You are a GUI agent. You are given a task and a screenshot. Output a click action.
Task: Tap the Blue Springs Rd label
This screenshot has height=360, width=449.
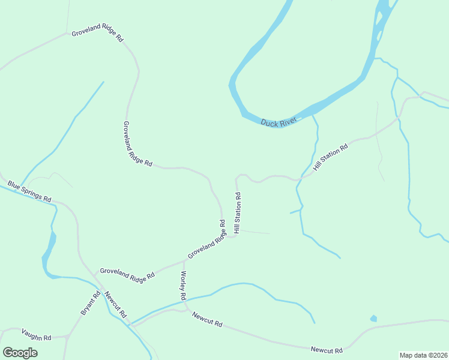point(29,191)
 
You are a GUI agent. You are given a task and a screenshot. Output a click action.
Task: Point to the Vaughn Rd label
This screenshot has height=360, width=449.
point(37,334)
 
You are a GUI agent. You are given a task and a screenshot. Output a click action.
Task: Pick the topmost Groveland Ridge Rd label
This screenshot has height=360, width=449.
point(97,35)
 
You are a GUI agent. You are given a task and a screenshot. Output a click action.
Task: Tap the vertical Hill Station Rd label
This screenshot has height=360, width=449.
point(238,212)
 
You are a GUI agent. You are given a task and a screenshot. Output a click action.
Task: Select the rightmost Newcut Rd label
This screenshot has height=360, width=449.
point(327,350)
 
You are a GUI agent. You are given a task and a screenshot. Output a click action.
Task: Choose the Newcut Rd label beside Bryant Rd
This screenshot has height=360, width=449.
point(115,304)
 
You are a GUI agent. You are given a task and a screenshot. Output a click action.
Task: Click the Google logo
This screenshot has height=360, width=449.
point(20,352)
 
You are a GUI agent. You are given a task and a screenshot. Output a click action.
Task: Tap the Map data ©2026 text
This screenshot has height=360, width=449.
point(423,355)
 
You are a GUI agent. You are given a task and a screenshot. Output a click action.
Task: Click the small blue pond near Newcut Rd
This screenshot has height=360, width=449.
point(374,318)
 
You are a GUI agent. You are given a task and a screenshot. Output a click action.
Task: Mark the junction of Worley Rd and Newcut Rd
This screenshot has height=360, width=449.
point(187,310)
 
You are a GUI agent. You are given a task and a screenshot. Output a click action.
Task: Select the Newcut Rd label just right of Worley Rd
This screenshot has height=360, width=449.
point(208,319)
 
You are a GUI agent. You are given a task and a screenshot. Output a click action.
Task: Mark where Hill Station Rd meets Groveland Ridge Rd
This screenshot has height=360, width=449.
point(231,236)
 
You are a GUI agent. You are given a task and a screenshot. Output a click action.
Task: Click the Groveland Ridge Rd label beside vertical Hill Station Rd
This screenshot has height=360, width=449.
point(206,239)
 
